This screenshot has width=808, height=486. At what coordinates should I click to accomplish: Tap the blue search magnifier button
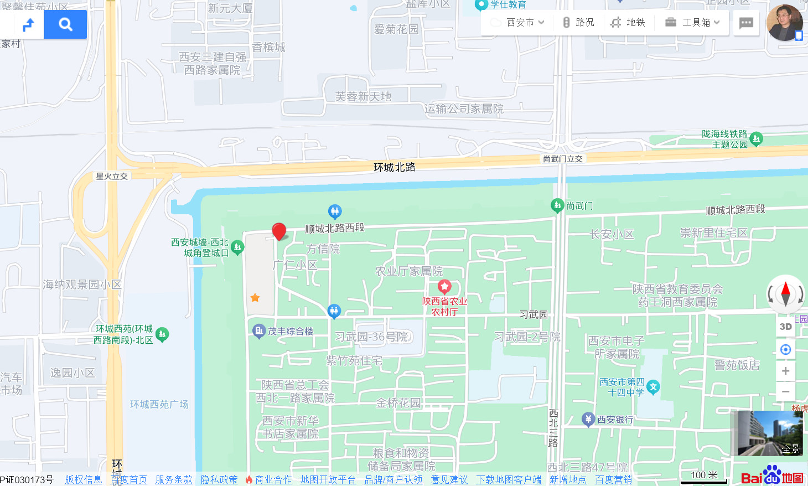pos(65,24)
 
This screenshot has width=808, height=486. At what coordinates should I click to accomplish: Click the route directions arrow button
pos(28,24)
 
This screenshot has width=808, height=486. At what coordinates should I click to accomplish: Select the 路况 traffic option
pos(578,22)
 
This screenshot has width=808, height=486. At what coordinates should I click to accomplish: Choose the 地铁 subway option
pos(628,22)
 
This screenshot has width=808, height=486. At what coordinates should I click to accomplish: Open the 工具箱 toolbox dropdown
pos(693,22)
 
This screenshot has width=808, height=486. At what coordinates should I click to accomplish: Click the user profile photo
pos(784,23)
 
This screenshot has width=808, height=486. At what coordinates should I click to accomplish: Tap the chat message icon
pos(746,23)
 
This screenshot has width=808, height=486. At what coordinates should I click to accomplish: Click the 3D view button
pos(785,327)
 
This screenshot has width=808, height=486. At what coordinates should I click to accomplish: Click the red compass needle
pos(785,288)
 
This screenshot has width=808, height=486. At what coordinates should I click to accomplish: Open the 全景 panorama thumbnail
pos(770,433)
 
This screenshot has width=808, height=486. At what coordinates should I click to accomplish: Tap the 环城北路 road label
pos(394,167)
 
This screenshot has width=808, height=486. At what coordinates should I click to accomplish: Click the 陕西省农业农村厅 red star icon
pos(444,287)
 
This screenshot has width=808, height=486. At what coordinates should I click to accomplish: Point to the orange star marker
pos(255,298)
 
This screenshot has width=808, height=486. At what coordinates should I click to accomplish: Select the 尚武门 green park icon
pos(557,205)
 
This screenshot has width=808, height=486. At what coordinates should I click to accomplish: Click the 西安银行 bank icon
pos(588,419)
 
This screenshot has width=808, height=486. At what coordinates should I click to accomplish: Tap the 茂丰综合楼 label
pos(291,332)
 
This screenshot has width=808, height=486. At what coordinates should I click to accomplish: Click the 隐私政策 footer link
pos(219,479)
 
